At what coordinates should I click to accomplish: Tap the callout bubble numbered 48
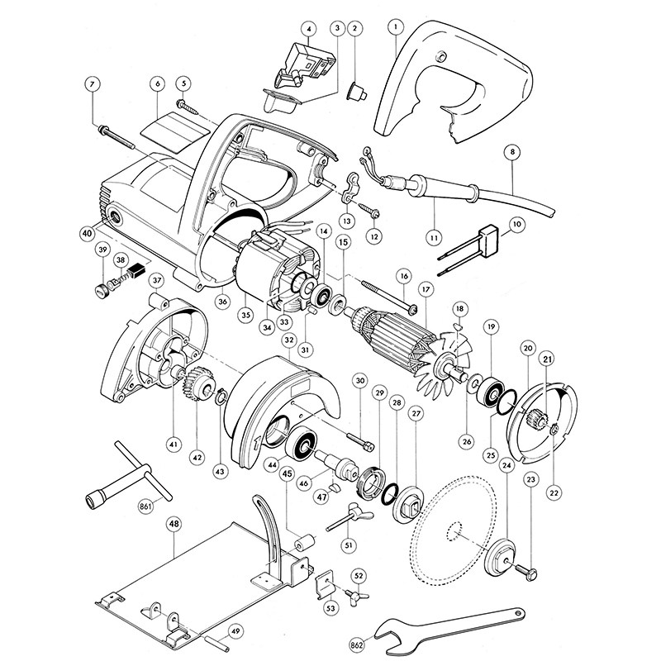pos(174,524)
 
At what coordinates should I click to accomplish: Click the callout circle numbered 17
pos(426,290)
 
